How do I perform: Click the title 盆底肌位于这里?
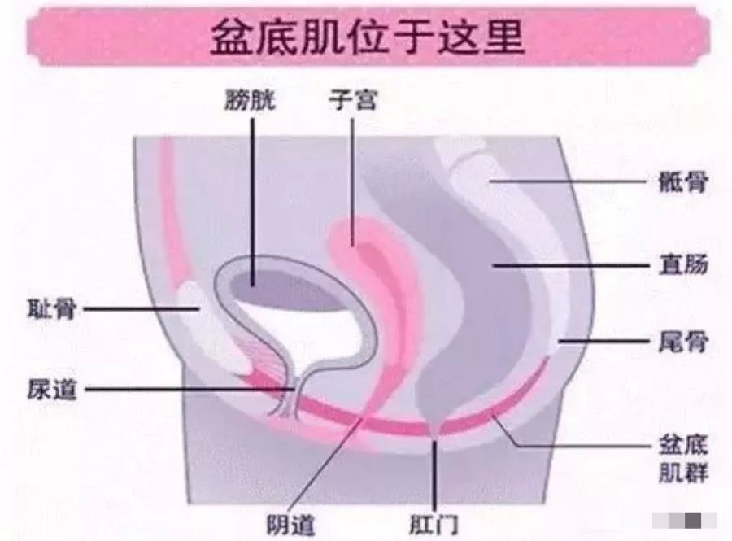click(368, 37)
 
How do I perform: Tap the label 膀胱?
click(251, 99)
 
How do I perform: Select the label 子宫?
click(352, 99)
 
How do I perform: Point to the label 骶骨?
click(683, 182)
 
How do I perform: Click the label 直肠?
click(683, 264)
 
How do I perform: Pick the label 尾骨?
click(683, 342)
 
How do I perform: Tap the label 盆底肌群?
click(683, 459)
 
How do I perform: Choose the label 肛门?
click(434, 524)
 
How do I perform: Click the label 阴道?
click(291, 525)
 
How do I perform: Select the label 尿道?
click(51, 390)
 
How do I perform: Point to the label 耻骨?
click(51, 308)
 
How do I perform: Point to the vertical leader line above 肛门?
click(434, 475)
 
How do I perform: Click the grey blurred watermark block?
click(685, 520)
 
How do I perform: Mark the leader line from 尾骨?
click(604, 341)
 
